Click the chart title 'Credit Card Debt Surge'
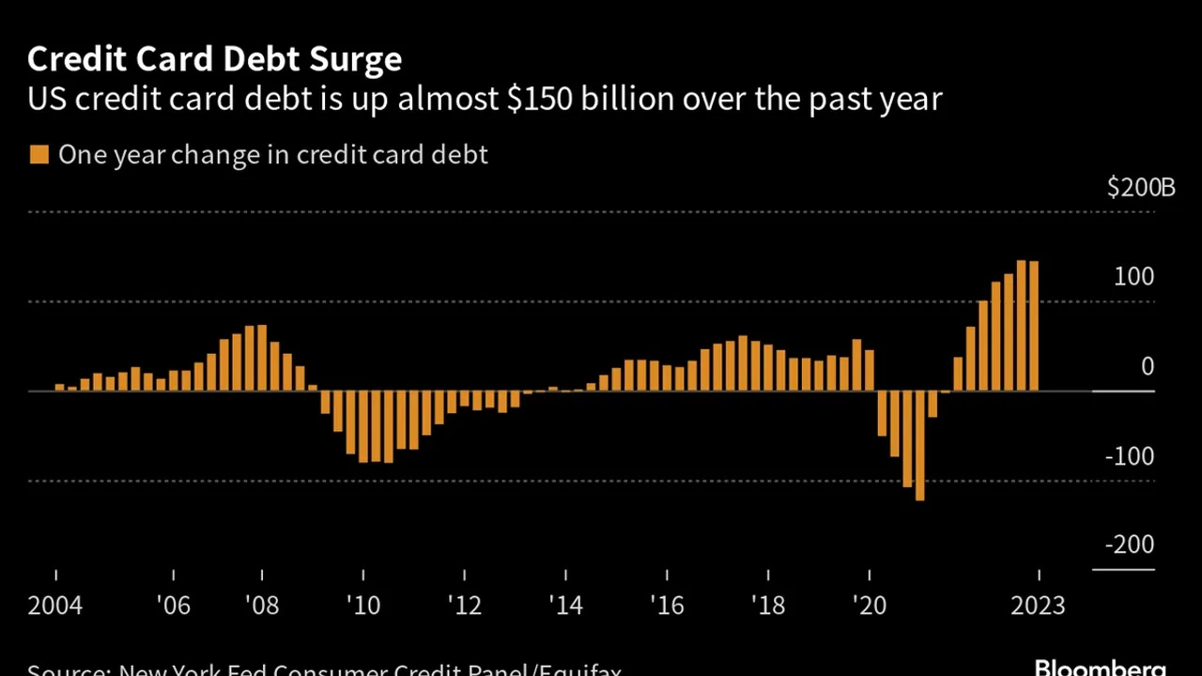214,59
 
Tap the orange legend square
39,154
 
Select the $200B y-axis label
1141,188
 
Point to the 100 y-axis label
1134,277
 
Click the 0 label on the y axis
1147,367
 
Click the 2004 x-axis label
55,606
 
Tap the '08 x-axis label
261,606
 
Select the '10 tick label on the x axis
362,606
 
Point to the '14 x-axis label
565,606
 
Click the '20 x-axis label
870,606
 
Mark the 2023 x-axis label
1038,606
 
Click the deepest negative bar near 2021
919,445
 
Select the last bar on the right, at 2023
1034,326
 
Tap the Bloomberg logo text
1100,667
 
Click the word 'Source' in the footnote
64,670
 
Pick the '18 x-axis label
767,606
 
